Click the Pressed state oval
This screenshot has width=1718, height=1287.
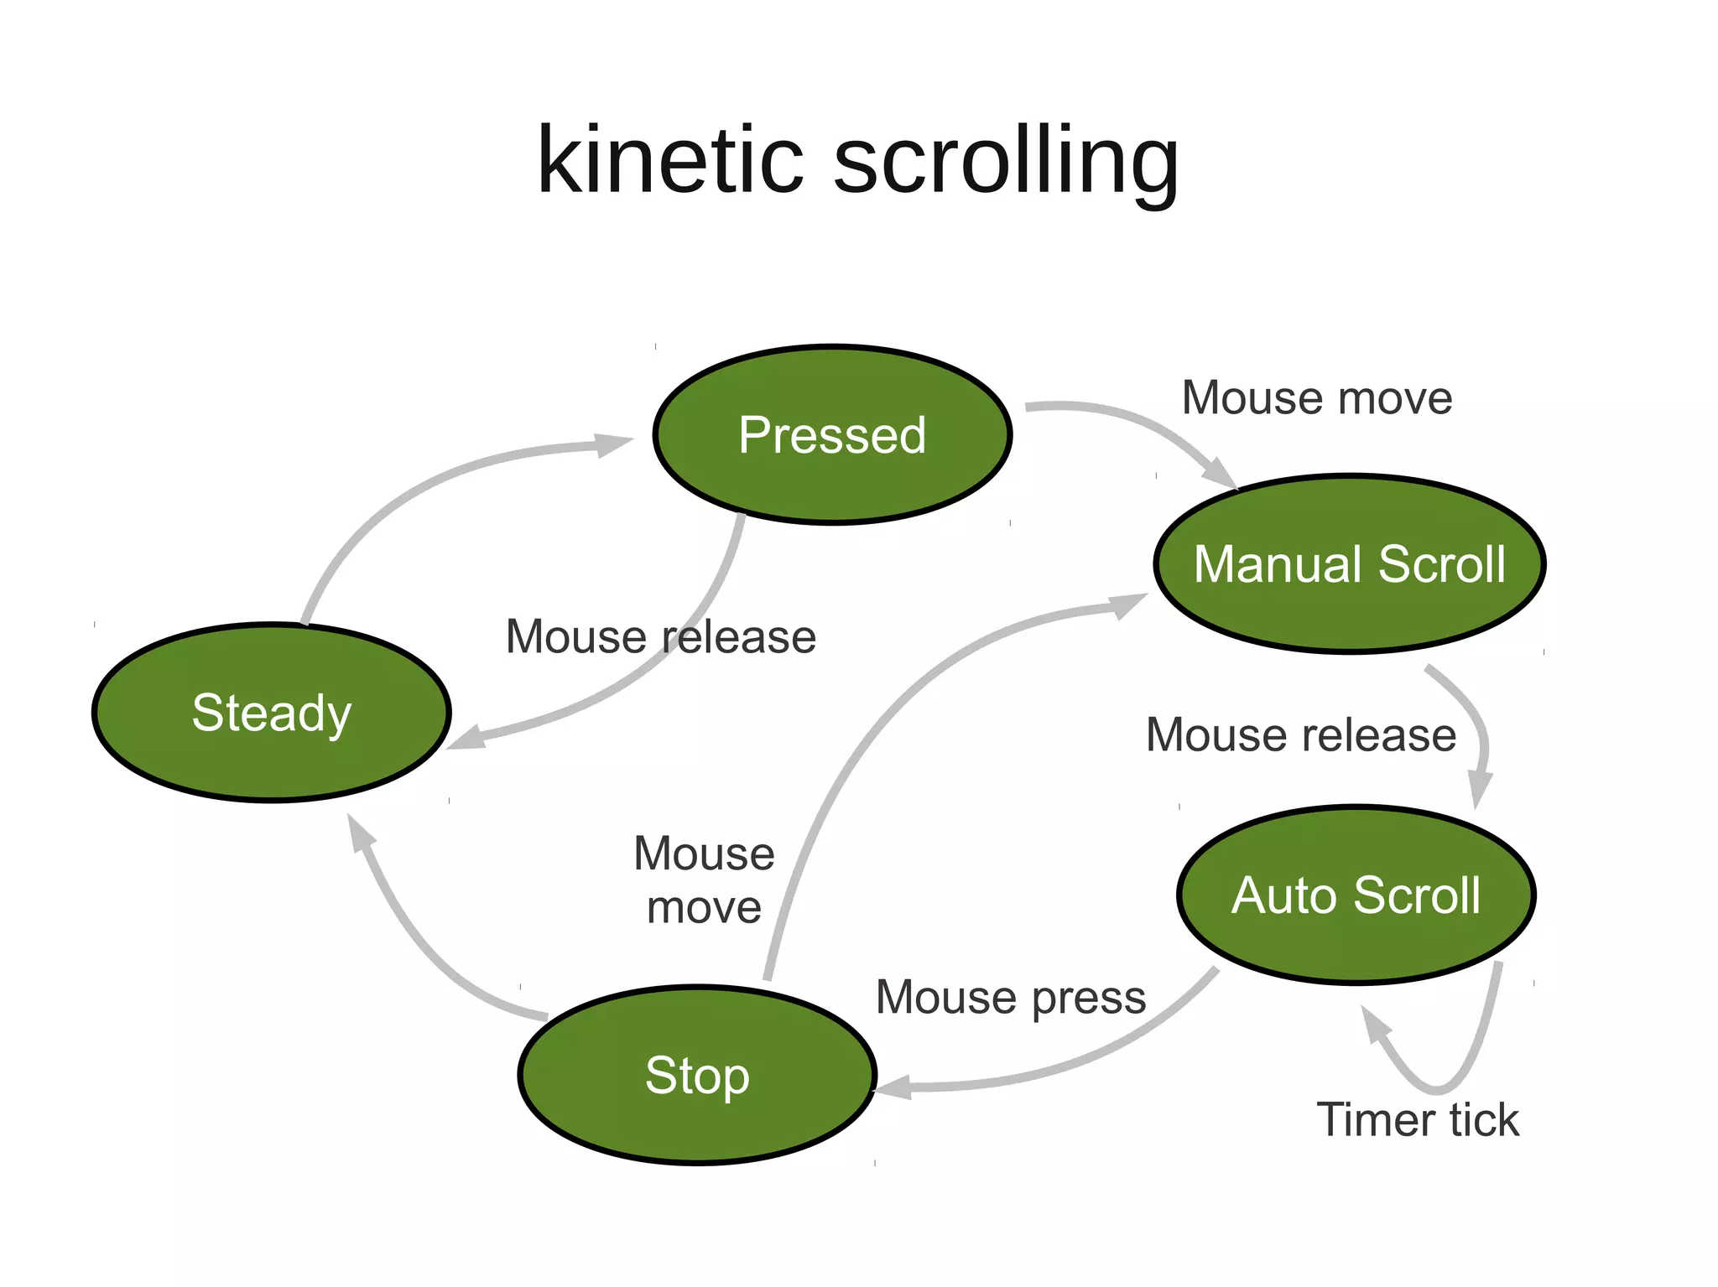pyautogui.click(x=832, y=435)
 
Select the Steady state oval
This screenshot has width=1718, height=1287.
pyautogui.click(x=272, y=713)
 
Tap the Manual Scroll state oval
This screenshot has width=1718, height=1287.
pyautogui.click(x=1349, y=563)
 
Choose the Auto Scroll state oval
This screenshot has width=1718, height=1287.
pyautogui.click(x=1356, y=895)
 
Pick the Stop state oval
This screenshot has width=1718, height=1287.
pyautogui.click(x=697, y=1075)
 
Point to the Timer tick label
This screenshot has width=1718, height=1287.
pyautogui.click(x=1417, y=1119)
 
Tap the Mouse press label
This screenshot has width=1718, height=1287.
pyautogui.click(x=1010, y=997)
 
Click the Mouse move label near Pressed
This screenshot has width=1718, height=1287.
pyautogui.click(x=1316, y=397)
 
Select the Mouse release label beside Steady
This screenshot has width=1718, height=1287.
pyautogui.click(x=660, y=636)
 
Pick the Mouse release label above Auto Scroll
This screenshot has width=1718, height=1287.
pyautogui.click(x=1300, y=734)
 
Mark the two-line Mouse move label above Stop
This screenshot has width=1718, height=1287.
pyautogui.click(x=704, y=880)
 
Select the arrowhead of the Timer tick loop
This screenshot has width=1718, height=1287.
pyautogui.click(x=1374, y=1024)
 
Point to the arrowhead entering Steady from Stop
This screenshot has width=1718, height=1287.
pyautogui.click(x=359, y=833)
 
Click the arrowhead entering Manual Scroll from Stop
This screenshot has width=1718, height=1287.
pyautogui.click(x=1128, y=604)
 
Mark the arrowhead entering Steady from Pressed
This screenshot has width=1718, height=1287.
pyautogui.click(x=466, y=739)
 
